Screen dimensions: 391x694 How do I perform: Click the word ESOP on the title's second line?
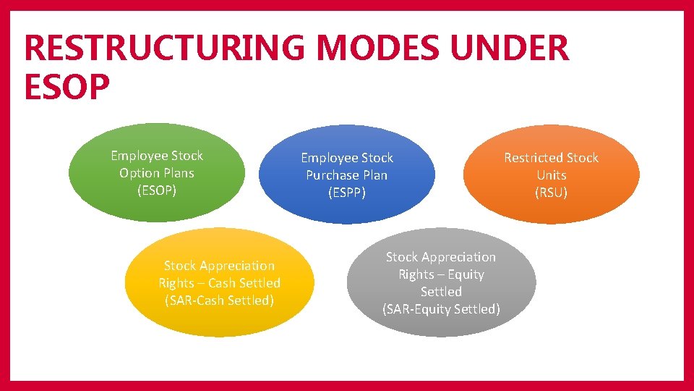pos(67,86)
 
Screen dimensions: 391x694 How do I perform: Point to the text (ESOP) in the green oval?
pos(157,190)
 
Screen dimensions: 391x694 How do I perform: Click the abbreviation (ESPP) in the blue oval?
pos(347,193)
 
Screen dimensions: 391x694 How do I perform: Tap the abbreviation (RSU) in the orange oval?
pos(551,193)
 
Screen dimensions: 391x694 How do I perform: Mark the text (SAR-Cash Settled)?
pos(219,300)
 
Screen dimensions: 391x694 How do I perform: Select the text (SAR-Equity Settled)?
pos(441,309)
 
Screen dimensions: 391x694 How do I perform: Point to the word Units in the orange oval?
pos(551,175)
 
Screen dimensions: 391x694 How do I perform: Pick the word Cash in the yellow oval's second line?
pos(223,283)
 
